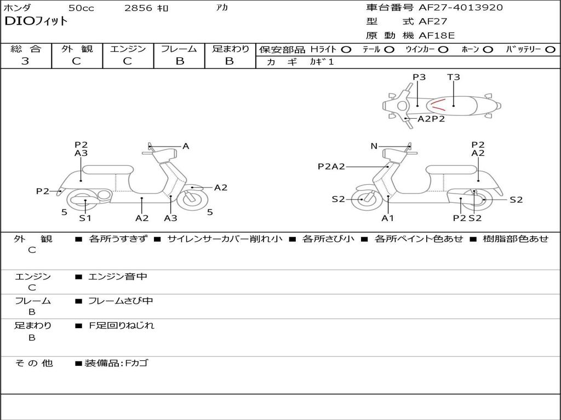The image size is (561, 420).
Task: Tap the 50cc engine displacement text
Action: [x=81, y=8]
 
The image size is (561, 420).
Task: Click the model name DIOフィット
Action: [x=36, y=22]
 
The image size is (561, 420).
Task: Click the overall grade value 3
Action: [x=25, y=61]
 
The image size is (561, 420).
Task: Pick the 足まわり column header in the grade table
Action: [x=230, y=49]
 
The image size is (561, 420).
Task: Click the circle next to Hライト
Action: [x=346, y=49]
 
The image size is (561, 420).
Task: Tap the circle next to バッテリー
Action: [x=550, y=49]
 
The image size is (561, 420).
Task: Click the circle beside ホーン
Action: [x=488, y=49]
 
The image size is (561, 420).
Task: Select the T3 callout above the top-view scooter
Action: [x=454, y=77]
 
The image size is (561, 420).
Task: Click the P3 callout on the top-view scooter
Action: [x=419, y=77]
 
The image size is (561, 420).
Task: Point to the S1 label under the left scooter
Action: [x=85, y=218]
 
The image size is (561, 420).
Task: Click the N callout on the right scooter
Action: [x=374, y=146]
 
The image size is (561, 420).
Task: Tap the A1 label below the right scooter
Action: [x=388, y=218]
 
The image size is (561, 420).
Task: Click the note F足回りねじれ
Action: [x=121, y=325]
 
